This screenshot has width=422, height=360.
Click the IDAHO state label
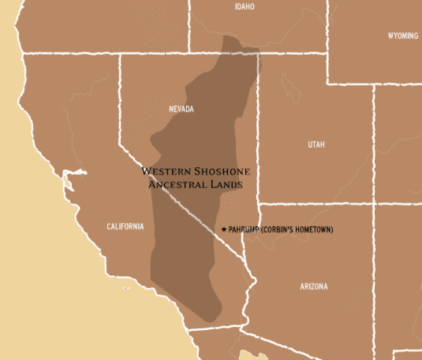tap(244, 7)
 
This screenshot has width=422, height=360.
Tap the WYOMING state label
tap(403, 36)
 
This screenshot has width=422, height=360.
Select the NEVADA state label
tap(181, 109)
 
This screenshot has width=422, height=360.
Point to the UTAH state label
tap(316, 145)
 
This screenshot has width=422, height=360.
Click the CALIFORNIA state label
tap(125, 226)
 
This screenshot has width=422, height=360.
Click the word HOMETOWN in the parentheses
tap(313, 229)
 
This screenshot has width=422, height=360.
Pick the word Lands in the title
tap(227, 183)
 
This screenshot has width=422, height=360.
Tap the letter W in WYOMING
tap(391, 36)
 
